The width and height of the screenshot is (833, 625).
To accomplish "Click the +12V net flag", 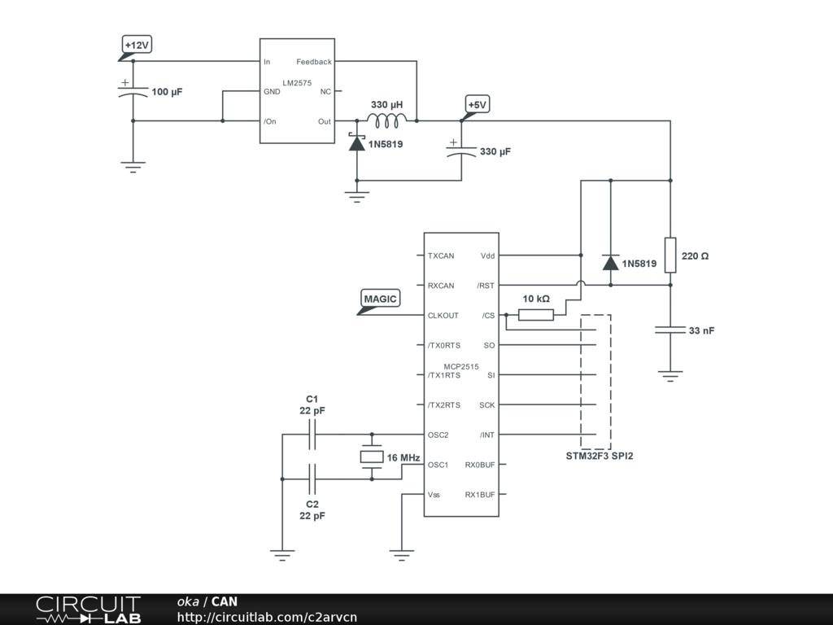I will (137, 46).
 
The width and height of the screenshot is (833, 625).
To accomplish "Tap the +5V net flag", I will (477, 105).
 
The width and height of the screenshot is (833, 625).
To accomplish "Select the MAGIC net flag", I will (380, 299).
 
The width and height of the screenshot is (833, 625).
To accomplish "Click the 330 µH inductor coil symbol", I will (386, 121).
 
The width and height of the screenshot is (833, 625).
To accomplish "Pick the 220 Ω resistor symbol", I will (670, 256).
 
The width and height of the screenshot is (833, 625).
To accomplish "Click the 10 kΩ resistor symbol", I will (535, 315).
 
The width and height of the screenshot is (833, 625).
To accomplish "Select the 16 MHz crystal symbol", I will (372, 457).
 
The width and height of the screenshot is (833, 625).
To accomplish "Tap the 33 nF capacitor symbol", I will (670, 330).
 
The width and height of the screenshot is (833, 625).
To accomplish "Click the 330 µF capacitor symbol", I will (461, 151).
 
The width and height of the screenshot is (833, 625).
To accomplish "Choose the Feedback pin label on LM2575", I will (313, 62).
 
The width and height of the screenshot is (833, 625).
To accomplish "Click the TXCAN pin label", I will (441, 256).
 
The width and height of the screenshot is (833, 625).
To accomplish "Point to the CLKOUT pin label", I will (443, 316).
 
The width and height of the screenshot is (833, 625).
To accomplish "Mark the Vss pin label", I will (434, 495).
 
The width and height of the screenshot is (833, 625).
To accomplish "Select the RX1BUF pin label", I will (480, 495).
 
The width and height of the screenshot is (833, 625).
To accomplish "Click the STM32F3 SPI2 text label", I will (600, 457).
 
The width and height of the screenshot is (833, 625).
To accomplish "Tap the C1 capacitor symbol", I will (312, 435).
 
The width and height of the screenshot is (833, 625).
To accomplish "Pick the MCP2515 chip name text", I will (460, 366).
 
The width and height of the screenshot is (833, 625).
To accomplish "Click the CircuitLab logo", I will (88, 610).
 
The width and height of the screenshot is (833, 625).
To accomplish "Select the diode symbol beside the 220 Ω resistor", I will (610, 262).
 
